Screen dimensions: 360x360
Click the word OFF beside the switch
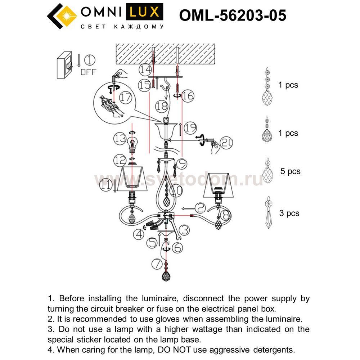(88, 72)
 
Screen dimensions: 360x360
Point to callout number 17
(126, 98)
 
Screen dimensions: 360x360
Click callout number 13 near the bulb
(120, 138)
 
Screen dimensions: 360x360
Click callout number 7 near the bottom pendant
(157, 265)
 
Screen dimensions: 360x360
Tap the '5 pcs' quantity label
(290, 171)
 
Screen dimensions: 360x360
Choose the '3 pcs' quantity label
(289, 213)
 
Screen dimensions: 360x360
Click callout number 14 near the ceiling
(145, 68)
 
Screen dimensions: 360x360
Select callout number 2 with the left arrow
(201, 207)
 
